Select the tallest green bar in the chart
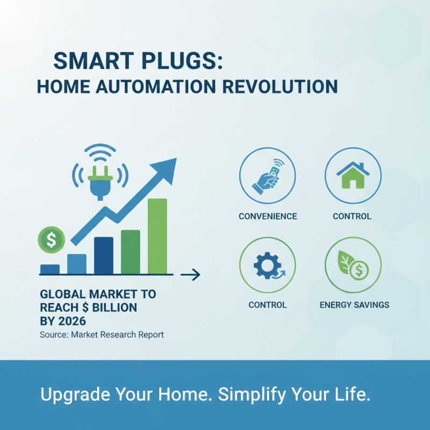[x=157, y=236]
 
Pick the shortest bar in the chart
[x=50, y=269]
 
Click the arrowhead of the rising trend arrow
[x=168, y=166]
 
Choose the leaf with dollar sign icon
[x=353, y=265]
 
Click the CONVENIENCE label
[x=268, y=217]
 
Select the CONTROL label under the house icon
[x=352, y=217]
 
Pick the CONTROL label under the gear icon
[x=268, y=305]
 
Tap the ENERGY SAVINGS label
[x=354, y=305]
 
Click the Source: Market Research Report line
[x=102, y=334]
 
